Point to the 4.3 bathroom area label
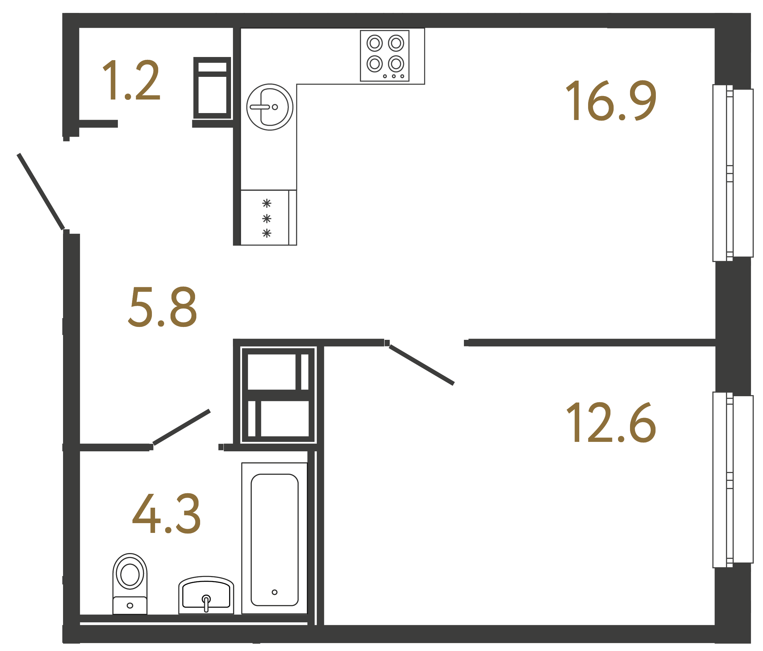click(x=166, y=514)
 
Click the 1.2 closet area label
click(x=131, y=80)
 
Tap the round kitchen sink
click(x=269, y=107)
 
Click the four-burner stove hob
click(x=384, y=55)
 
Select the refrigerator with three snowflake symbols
click(x=268, y=218)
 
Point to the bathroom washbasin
click(x=206, y=595)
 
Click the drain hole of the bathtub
click(x=274, y=592)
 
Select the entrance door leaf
click(x=41, y=191)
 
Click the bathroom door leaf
click(x=182, y=427)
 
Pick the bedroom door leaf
click(x=422, y=365)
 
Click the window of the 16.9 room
click(x=732, y=173)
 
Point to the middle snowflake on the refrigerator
click(x=267, y=219)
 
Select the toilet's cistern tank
click(x=130, y=605)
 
